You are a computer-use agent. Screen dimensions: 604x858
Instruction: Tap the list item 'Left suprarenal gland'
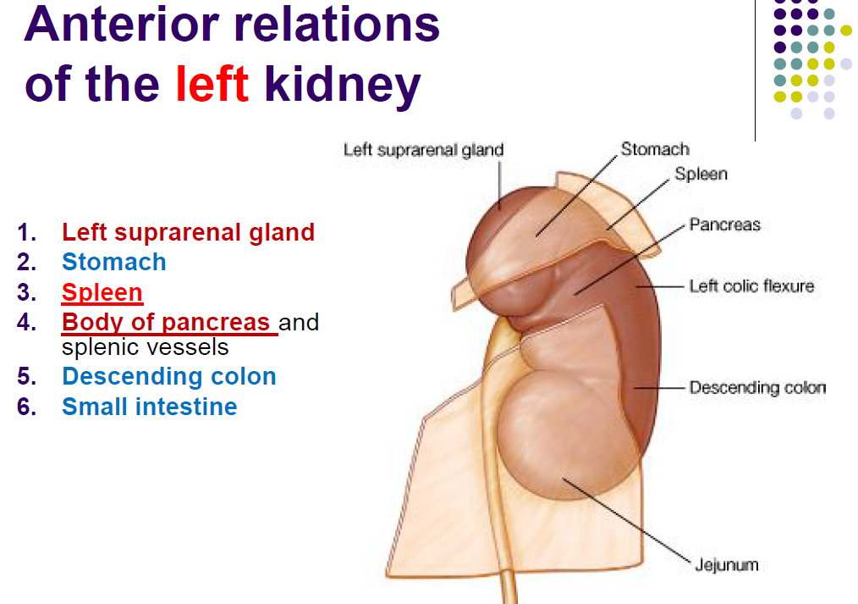pyautogui.click(x=188, y=232)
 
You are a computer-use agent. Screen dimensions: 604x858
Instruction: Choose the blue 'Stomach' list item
pyautogui.click(x=114, y=262)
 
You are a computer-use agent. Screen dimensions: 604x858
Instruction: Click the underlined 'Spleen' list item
pyautogui.click(x=102, y=292)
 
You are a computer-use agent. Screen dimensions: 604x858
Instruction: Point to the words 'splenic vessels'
pyautogui.click(x=145, y=347)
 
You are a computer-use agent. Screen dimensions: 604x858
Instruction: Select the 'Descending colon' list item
pyautogui.click(x=169, y=376)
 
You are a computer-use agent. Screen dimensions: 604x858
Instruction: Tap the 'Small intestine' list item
pyautogui.click(x=149, y=407)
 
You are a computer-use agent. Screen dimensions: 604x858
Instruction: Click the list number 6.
pyautogui.click(x=26, y=407)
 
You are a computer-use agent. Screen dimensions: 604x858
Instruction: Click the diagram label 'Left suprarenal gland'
pyautogui.click(x=423, y=151)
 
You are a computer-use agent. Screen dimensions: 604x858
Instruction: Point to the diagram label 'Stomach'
pyautogui.click(x=655, y=149)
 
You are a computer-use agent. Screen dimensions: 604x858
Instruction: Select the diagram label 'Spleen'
pyautogui.click(x=701, y=174)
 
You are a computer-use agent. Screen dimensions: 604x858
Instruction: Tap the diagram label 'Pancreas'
pyautogui.click(x=724, y=224)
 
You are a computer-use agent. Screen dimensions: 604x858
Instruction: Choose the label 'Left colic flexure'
pyautogui.click(x=751, y=286)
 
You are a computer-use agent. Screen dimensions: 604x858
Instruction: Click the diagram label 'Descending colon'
pyautogui.click(x=756, y=388)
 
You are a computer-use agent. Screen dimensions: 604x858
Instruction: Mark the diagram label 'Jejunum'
pyautogui.click(x=726, y=564)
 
